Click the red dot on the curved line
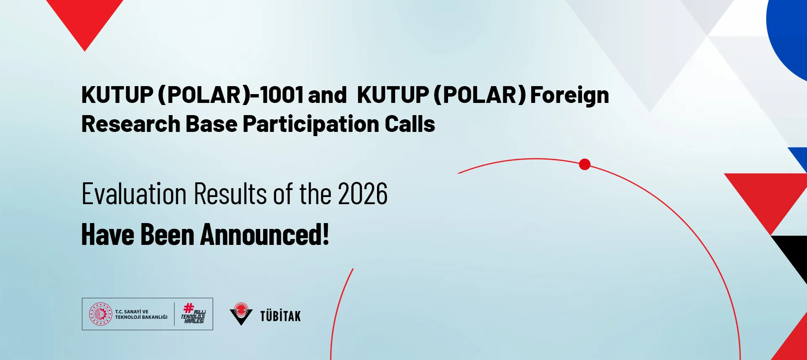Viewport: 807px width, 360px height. (x=585, y=164)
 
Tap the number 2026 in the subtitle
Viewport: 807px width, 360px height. (x=363, y=194)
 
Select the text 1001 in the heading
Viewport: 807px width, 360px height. (x=281, y=95)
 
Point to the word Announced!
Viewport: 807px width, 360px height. (x=265, y=234)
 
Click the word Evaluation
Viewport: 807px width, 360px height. (x=134, y=194)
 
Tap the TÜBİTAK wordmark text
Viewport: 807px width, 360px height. (x=280, y=316)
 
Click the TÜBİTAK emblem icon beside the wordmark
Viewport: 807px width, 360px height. (x=241, y=314)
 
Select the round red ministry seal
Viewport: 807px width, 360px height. (x=100, y=314)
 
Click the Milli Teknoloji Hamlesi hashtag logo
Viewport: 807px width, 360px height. (x=193, y=314)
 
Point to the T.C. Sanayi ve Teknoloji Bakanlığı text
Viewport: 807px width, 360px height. (x=141, y=314)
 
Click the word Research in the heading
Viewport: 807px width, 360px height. (x=131, y=124)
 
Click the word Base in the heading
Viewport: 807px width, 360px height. (x=211, y=124)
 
